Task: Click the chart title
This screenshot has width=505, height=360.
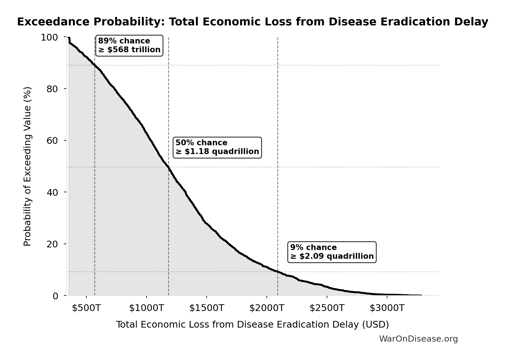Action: (x=252, y=22)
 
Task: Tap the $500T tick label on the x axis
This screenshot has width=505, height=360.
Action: (x=86, y=308)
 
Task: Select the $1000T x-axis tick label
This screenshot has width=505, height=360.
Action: (x=147, y=308)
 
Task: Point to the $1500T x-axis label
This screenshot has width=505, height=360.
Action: (x=207, y=308)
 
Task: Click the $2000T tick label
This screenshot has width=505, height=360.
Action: (x=267, y=308)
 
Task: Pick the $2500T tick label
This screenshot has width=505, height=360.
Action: (x=327, y=308)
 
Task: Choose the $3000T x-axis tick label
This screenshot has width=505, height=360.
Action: (x=387, y=308)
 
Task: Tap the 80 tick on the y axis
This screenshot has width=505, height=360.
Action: (x=52, y=89)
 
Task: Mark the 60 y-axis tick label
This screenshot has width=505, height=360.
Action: (x=52, y=141)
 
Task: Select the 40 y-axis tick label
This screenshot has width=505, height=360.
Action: (x=52, y=192)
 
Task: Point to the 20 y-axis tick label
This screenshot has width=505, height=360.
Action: (x=52, y=244)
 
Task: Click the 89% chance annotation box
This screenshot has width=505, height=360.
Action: (x=129, y=46)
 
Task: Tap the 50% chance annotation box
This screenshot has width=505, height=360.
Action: (x=217, y=147)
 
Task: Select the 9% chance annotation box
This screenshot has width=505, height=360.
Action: (x=332, y=252)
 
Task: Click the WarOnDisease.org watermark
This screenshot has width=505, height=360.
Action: (x=418, y=339)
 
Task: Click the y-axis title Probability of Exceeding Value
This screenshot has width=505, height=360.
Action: (x=27, y=166)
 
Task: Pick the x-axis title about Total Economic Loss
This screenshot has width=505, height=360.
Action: (x=252, y=324)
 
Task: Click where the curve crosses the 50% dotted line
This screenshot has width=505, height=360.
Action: (x=168, y=167)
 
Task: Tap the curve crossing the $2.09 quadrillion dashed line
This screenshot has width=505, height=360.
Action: (x=278, y=272)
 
